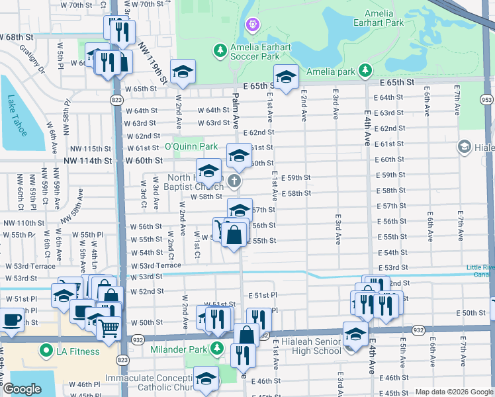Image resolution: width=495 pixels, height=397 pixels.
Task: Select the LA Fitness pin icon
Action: (x=46, y=350)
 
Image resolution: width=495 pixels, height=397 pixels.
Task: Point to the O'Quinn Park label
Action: (x=191, y=146)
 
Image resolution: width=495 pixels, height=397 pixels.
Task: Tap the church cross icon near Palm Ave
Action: (x=234, y=181)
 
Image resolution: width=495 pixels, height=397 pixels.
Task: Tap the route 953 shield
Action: (x=487, y=99)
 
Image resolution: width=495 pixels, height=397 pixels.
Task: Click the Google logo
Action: (x=22, y=389)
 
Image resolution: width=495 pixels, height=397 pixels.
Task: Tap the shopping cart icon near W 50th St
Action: (x=108, y=328)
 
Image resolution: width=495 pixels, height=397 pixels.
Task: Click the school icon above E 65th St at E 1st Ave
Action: (x=285, y=78)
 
